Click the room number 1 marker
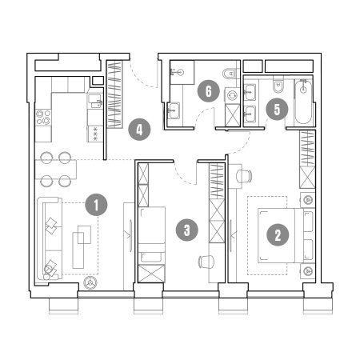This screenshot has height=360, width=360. [96, 205]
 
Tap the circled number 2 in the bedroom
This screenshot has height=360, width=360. [278, 234]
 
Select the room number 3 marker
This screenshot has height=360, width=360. [187, 230]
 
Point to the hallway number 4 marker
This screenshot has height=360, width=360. [139, 130]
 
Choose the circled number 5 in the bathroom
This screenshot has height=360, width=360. [277, 109]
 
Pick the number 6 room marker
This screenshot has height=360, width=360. [209, 91]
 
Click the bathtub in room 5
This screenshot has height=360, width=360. [303, 102]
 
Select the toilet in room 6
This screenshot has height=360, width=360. [229, 73]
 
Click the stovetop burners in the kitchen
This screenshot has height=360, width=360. [43, 118]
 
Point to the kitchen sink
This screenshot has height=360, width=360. [95, 101]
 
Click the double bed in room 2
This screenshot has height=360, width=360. [281, 235]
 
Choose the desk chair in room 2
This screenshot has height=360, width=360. [244, 175]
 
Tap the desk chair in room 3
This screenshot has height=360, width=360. [206, 262]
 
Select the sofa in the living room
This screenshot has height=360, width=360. [50, 238]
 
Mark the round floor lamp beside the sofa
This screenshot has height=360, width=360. [90, 283]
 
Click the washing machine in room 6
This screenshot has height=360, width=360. [232, 95]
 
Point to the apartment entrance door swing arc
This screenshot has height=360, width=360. [143, 76]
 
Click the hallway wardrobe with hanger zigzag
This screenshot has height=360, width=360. [114, 94]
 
